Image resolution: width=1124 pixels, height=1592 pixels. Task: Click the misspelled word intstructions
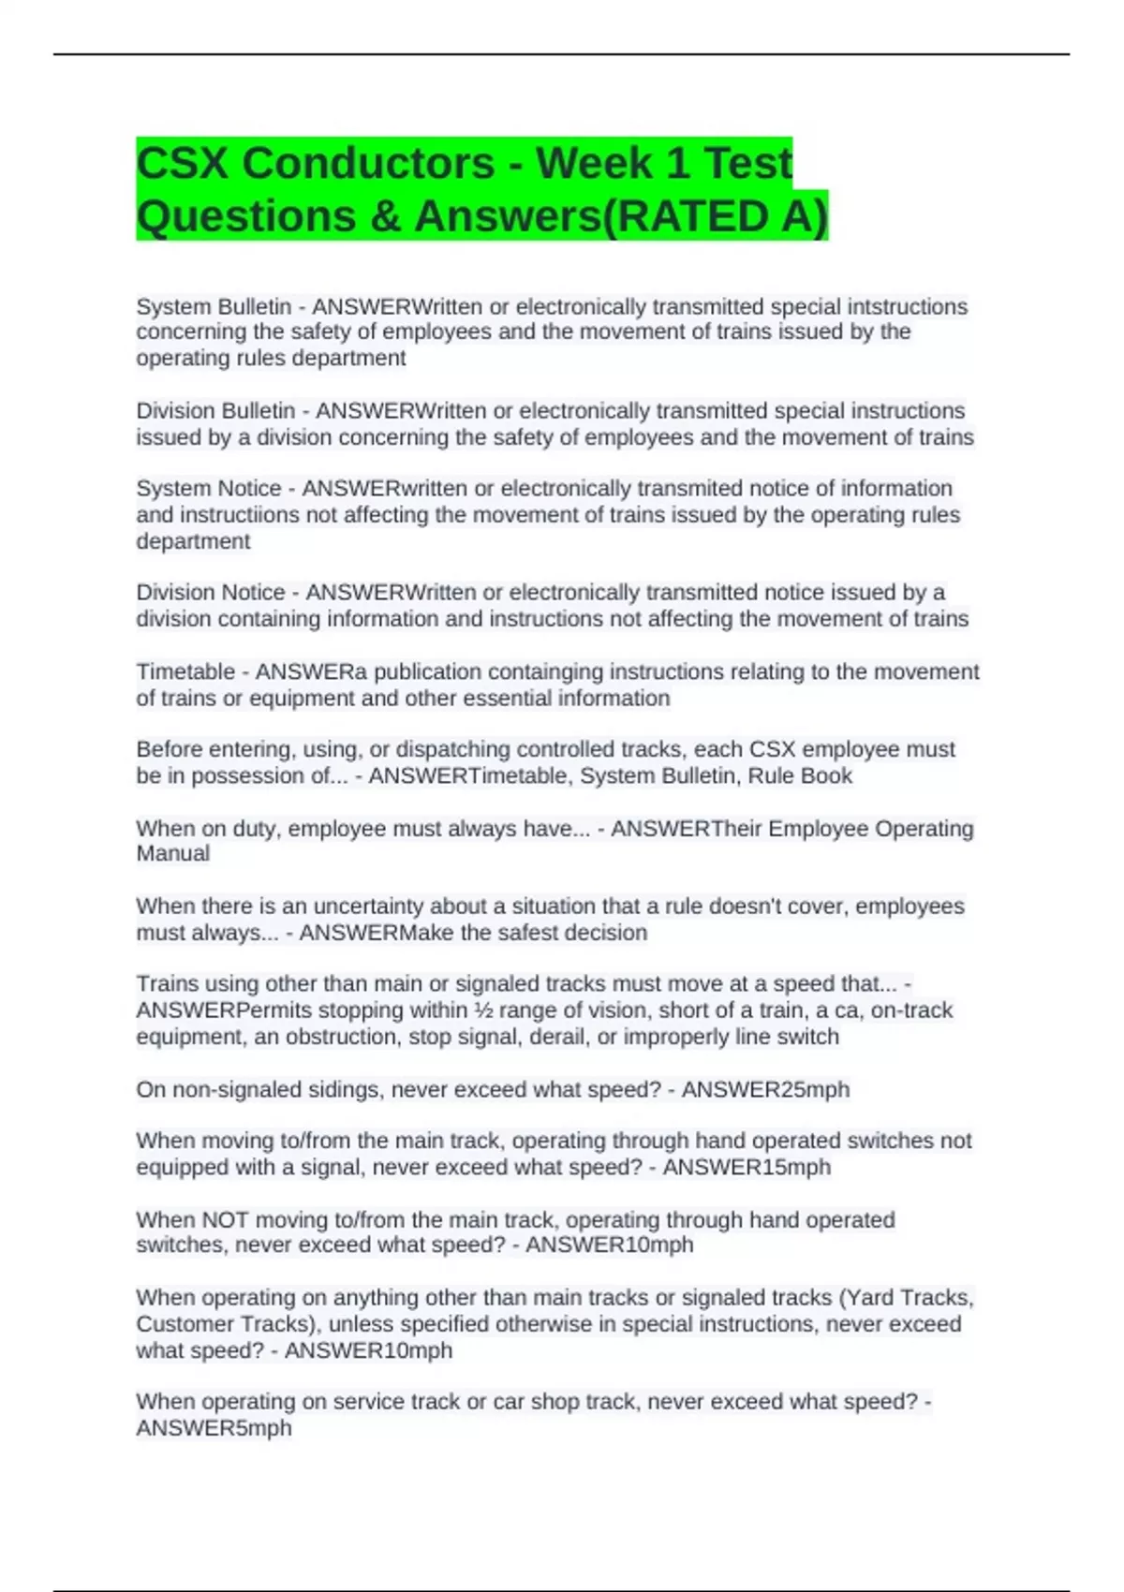(x=908, y=306)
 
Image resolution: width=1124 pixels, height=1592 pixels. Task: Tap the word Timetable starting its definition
(x=185, y=671)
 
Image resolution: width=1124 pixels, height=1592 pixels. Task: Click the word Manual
(x=172, y=853)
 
